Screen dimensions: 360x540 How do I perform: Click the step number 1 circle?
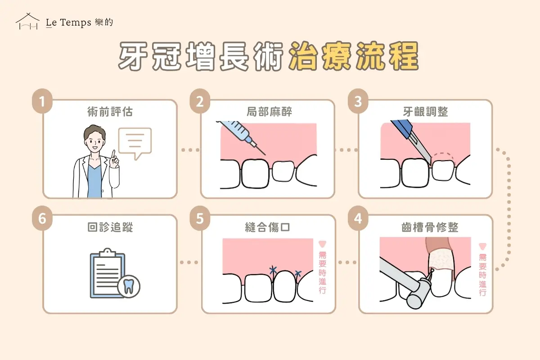(42, 101)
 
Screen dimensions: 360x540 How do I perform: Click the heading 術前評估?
(110, 112)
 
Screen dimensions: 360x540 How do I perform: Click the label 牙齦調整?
(426, 112)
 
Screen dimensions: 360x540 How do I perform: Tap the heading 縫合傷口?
(269, 228)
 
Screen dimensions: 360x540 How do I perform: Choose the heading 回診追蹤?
(110, 228)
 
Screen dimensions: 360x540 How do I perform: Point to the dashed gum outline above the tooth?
(444, 157)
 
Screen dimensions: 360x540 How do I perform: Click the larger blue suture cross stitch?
(273, 270)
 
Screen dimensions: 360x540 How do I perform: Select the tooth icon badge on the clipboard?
(129, 285)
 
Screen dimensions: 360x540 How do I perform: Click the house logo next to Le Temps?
(27, 21)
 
